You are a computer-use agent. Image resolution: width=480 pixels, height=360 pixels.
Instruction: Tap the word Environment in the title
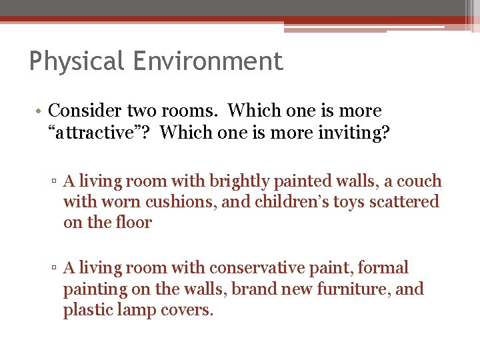pyautogui.click(x=208, y=61)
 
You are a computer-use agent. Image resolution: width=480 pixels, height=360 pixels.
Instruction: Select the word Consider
pyautogui.click(x=86, y=111)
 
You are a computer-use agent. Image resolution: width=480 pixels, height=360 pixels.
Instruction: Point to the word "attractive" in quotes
pyautogui.click(x=99, y=132)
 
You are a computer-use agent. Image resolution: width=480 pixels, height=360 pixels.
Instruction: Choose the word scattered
pyautogui.click(x=407, y=201)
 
